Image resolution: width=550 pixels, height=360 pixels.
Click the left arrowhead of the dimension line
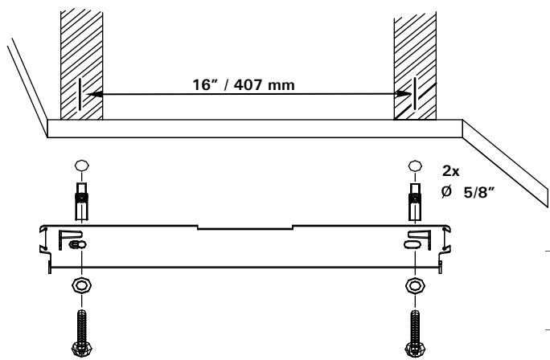pyautogui.click(x=90, y=94)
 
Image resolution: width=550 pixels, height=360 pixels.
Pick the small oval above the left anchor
pyautogui.click(x=79, y=167)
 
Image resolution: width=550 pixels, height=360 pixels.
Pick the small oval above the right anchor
pyautogui.click(x=415, y=167)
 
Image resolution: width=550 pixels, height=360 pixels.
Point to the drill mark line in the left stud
pyautogui.click(x=80, y=96)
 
